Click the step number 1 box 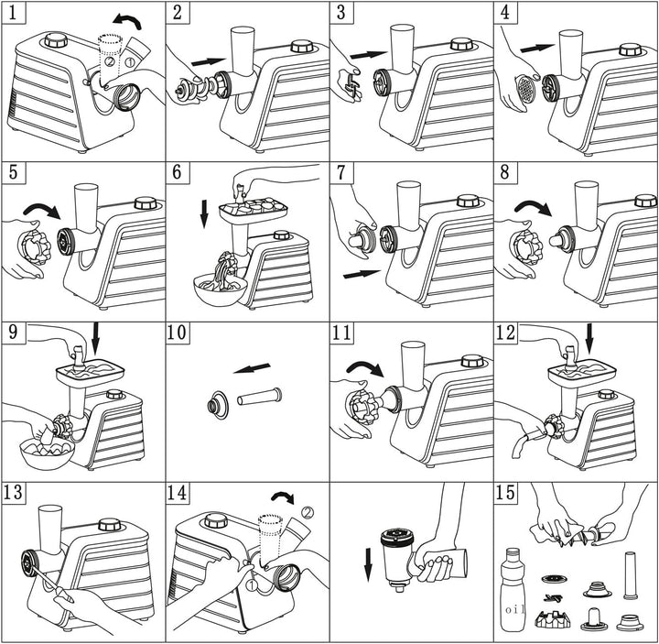click(x=13, y=12)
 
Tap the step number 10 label click(x=177, y=333)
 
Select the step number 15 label click(x=505, y=492)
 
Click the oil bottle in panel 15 click(x=513, y=589)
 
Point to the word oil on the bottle click(x=513, y=609)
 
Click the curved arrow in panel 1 click(x=127, y=19)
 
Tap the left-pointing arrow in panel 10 click(x=253, y=368)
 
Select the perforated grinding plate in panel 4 click(x=524, y=88)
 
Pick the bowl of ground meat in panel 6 click(x=221, y=289)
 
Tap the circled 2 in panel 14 click(x=308, y=512)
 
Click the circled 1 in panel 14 click(x=251, y=584)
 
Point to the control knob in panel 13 click(x=110, y=525)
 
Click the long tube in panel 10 click(x=259, y=397)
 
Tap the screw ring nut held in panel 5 click(x=34, y=247)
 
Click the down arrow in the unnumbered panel click(x=368, y=564)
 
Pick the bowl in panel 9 click(x=47, y=454)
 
